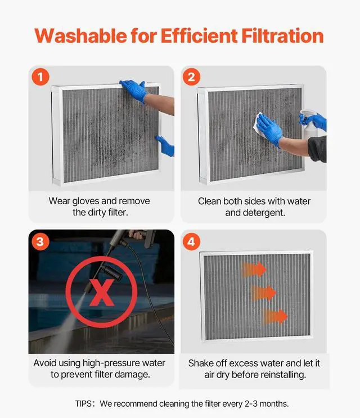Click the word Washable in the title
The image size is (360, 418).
(81, 35)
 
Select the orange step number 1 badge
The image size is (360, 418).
(40, 77)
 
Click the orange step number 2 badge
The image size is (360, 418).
(191, 77)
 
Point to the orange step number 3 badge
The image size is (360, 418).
(40, 242)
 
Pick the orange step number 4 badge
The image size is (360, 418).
(191, 242)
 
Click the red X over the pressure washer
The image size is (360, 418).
(102, 293)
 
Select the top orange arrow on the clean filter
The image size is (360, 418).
(254, 269)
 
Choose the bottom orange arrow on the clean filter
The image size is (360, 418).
(275, 316)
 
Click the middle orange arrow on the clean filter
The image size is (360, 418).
(264, 293)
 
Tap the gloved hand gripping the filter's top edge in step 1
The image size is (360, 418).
(134, 90)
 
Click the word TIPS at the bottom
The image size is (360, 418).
(84, 403)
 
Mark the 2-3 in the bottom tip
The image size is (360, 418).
(251, 403)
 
